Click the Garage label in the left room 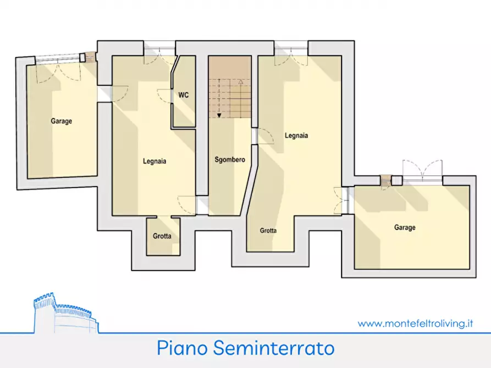[62, 121]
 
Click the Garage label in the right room [405, 227]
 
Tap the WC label [183, 95]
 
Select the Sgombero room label [229, 160]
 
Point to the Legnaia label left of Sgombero [155, 161]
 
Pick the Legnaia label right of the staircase [296, 135]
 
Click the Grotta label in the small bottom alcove [162, 236]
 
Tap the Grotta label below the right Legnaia [268, 231]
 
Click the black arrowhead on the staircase [219, 115]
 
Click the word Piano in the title [179, 348]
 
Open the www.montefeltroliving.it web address [415, 324]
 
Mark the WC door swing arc [164, 96]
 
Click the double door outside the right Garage [422, 170]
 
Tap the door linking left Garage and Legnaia [119, 94]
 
